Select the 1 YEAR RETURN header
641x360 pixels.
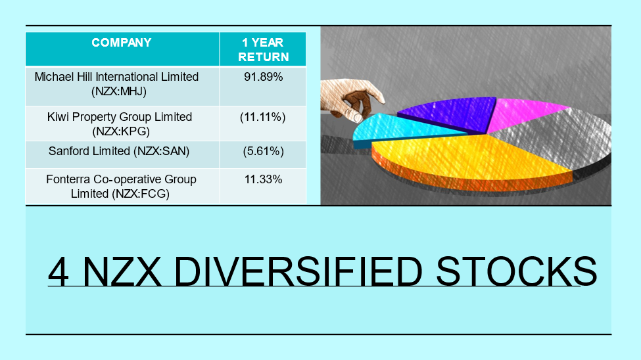tap(263, 49)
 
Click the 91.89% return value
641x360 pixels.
tap(263, 77)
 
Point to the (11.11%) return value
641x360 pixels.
tap(263, 118)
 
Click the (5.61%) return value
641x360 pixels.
tap(263, 151)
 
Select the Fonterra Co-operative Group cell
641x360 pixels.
tap(121, 187)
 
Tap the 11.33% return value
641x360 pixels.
tap(263, 179)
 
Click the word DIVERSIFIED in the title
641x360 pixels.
tap(298, 272)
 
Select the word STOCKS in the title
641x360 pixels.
tap(517, 272)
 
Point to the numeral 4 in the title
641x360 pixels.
tap(58, 272)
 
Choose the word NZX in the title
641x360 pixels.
tap(122, 272)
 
